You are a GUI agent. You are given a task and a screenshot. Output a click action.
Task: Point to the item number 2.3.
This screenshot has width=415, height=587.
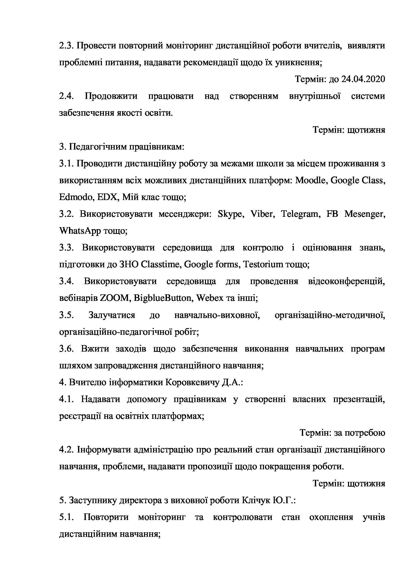pyautogui.click(x=66, y=46)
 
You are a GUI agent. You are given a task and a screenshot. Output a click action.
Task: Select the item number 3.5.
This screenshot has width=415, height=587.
pyautogui.click(x=66, y=315)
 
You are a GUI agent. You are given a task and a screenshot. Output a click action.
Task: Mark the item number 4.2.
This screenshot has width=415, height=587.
pyautogui.click(x=66, y=450)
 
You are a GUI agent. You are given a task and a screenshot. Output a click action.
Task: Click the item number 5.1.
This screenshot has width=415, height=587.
pyautogui.click(x=66, y=517)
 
